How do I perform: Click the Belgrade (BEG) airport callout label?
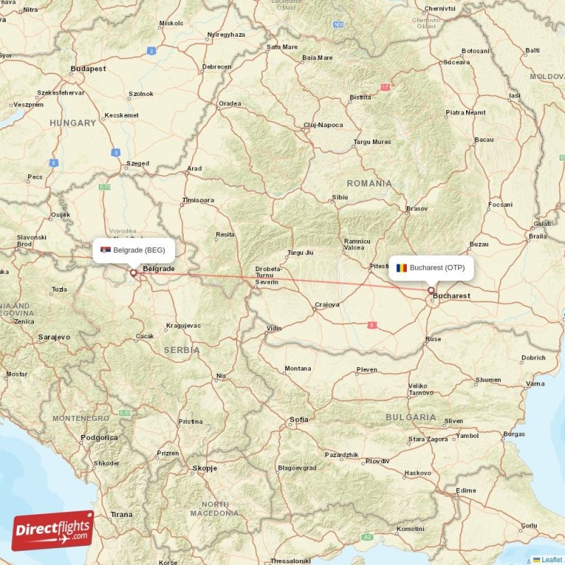(x=133, y=250)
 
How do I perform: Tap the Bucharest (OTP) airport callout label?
(x=432, y=268)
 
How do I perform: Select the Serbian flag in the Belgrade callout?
(x=105, y=250)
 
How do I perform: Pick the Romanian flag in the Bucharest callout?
(x=402, y=268)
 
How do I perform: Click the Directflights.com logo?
(x=53, y=530)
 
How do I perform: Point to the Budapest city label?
(x=88, y=69)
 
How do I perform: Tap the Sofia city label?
(x=299, y=420)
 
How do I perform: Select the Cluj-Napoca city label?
(x=323, y=125)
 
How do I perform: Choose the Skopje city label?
(x=204, y=468)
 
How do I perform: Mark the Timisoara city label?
(x=198, y=200)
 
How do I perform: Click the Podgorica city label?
(x=100, y=437)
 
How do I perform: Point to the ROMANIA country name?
(x=369, y=183)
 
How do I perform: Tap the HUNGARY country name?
(x=73, y=123)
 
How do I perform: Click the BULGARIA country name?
(x=411, y=417)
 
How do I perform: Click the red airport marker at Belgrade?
(x=133, y=272)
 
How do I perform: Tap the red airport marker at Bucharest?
(x=431, y=290)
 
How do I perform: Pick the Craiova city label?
(x=327, y=305)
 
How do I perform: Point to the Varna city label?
(x=535, y=383)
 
